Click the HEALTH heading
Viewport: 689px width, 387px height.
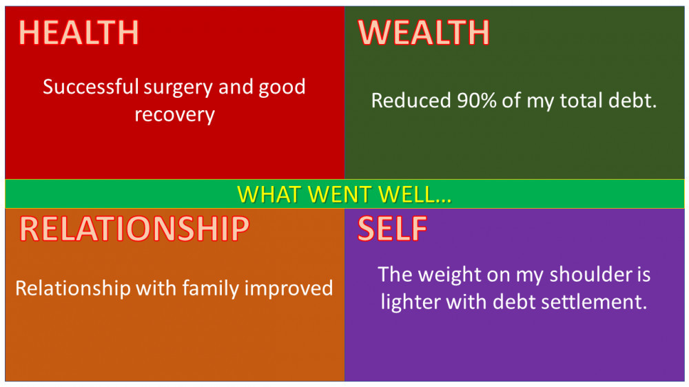[79, 32]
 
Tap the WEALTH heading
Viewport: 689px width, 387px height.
[424, 32]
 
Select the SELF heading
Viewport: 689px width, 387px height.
[393, 229]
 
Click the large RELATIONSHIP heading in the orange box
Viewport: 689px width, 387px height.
[134, 229]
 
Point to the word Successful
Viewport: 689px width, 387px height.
[91, 87]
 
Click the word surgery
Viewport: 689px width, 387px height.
[179, 89]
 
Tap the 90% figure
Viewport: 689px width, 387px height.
[477, 100]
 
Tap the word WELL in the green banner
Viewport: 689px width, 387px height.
[415, 194]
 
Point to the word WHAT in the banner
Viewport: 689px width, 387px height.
[270, 194]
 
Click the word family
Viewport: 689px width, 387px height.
[211, 289]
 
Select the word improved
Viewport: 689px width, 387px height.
[289, 289]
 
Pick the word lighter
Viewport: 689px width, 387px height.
[411, 303]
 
